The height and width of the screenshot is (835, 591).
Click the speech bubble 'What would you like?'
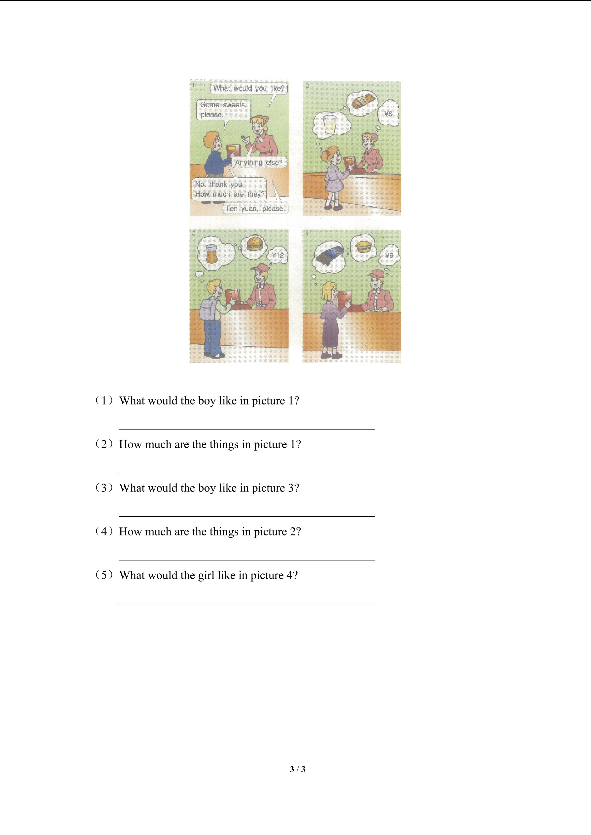tap(249, 88)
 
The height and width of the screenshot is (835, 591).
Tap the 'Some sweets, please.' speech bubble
tap(223, 110)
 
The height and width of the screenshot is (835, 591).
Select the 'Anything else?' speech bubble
tap(259, 163)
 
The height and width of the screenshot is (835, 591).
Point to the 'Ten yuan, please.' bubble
tap(255, 208)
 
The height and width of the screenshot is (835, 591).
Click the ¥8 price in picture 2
tap(388, 114)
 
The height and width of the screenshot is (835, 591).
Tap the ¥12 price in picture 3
tap(278, 255)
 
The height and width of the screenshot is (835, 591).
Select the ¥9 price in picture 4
tap(389, 255)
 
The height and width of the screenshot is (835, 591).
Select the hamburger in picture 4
tap(363, 246)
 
